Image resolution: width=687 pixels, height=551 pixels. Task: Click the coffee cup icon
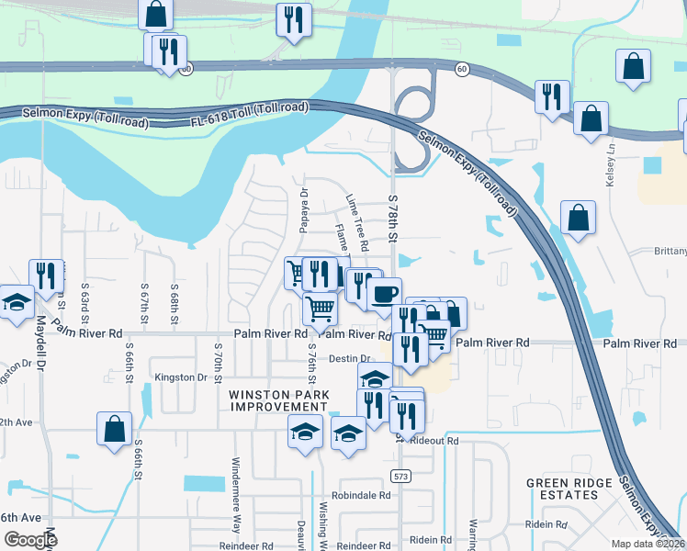coord(384,295)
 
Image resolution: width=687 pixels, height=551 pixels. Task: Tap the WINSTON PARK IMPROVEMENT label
coord(277,400)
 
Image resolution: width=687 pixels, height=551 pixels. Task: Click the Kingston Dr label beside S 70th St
coord(181,377)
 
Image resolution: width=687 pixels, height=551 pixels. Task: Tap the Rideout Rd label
coord(434,441)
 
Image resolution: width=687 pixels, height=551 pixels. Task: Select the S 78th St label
coord(393,218)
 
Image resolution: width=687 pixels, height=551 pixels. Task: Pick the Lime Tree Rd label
coord(356,222)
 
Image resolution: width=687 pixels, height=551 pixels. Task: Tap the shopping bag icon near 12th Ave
coord(114,429)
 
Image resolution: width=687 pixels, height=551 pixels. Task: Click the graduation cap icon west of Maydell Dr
coord(16,302)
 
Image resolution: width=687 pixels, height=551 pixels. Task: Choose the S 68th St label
coord(174,304)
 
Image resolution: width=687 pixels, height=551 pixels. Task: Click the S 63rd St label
coord(84,304)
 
